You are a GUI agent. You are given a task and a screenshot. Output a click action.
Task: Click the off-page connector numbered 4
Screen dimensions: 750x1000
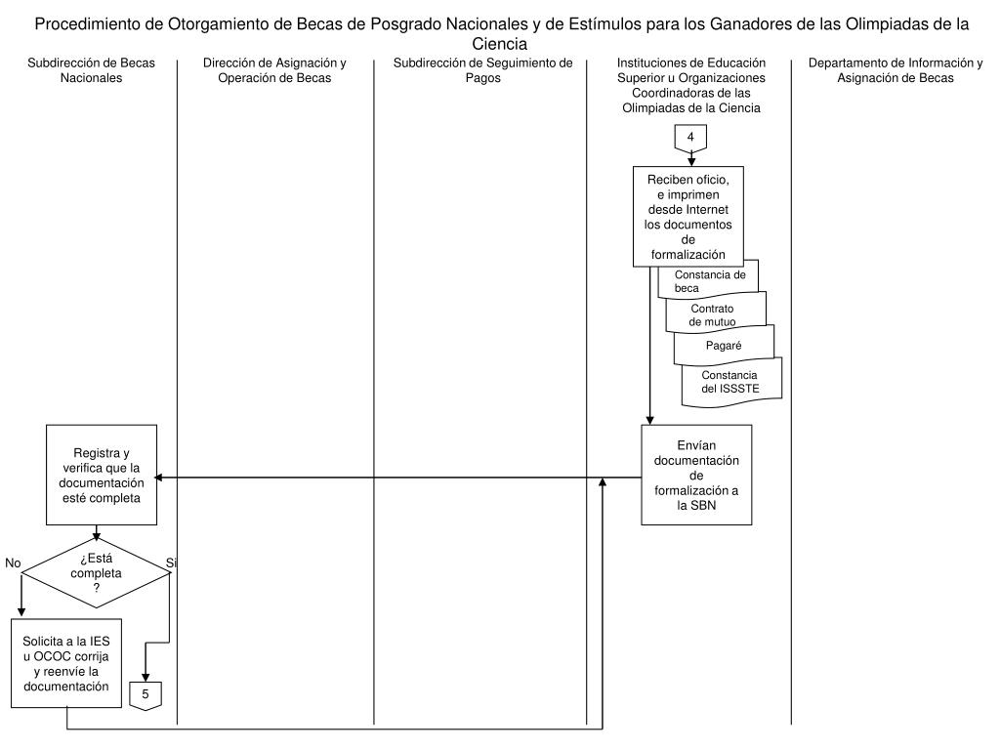(690, 138)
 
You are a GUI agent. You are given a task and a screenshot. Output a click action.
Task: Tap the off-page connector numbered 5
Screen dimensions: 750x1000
(146, 693)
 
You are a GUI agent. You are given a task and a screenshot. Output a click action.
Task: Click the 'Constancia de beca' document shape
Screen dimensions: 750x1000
(710, 281)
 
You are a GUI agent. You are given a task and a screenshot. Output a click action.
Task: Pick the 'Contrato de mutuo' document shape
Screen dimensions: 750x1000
(717, 314)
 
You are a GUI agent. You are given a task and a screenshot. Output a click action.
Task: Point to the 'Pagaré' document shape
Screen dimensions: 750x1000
(724, 345)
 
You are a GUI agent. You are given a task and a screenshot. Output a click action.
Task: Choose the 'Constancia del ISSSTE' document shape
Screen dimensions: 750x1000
(732, 382)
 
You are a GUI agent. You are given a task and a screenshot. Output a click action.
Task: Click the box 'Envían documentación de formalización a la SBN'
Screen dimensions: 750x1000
(696, 475)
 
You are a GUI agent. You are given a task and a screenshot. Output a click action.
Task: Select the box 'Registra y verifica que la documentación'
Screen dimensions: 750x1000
(102, 476)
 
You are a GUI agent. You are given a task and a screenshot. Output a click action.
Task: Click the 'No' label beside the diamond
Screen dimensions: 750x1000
(13, 563)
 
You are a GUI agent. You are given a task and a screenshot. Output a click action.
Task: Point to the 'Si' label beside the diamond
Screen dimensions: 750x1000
(172, 563)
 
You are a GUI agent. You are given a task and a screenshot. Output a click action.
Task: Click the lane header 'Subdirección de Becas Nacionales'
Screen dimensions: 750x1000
(89, 70)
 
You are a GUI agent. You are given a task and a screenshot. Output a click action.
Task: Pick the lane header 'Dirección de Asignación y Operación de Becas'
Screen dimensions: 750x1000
(274, 70)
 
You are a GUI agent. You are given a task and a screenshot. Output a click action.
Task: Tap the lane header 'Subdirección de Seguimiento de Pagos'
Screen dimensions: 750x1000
(482, 70)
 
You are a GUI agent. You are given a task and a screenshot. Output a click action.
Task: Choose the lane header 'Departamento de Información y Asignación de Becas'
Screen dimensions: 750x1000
(896, 70)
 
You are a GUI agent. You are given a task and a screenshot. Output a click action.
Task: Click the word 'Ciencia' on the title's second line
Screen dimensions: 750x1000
(499, 45)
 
